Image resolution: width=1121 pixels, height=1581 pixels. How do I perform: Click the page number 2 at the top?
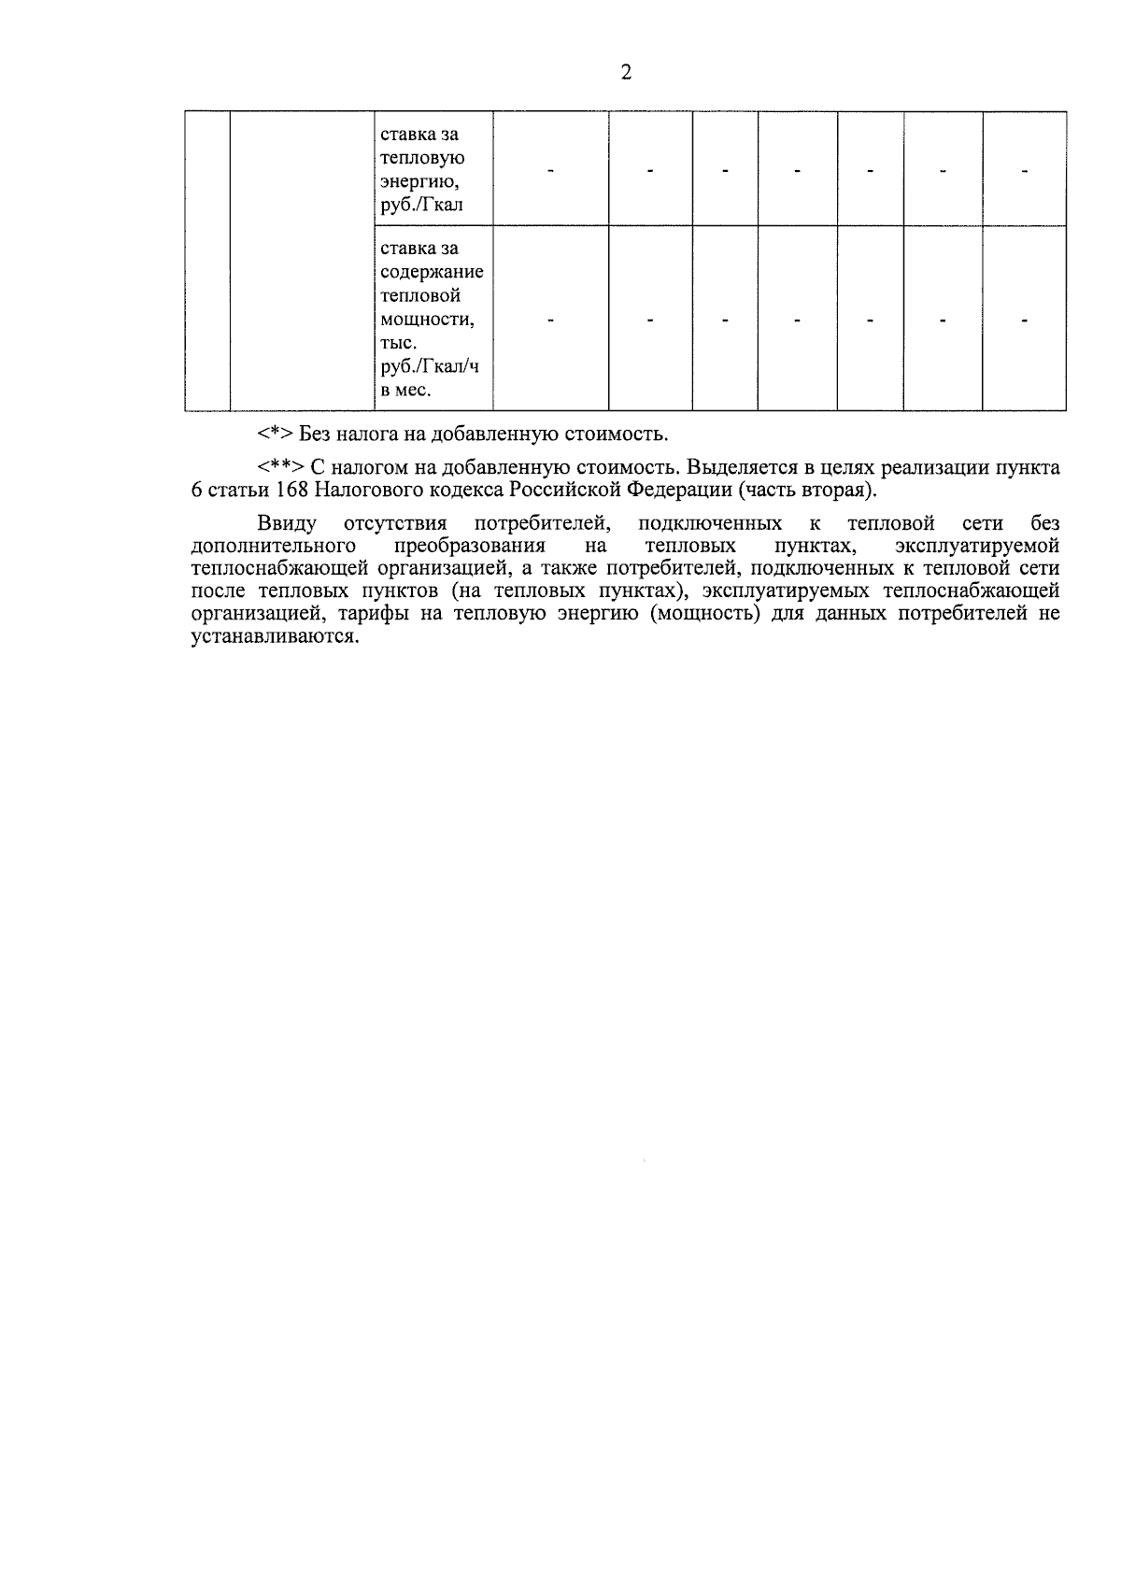[x=626, y=73]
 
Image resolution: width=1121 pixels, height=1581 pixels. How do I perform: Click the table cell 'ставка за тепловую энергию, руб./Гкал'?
[x=421, y=170]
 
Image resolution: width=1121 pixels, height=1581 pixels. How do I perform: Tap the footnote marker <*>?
[x=276, y=434]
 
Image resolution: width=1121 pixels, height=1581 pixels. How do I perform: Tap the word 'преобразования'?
[x=469, y=545]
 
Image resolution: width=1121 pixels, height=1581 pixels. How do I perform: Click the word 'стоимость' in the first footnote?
[x=623, y=434]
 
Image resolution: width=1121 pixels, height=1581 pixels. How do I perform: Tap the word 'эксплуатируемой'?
[x=977, y=545]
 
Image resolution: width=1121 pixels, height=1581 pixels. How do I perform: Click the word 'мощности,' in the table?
[x=427, y=320]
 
